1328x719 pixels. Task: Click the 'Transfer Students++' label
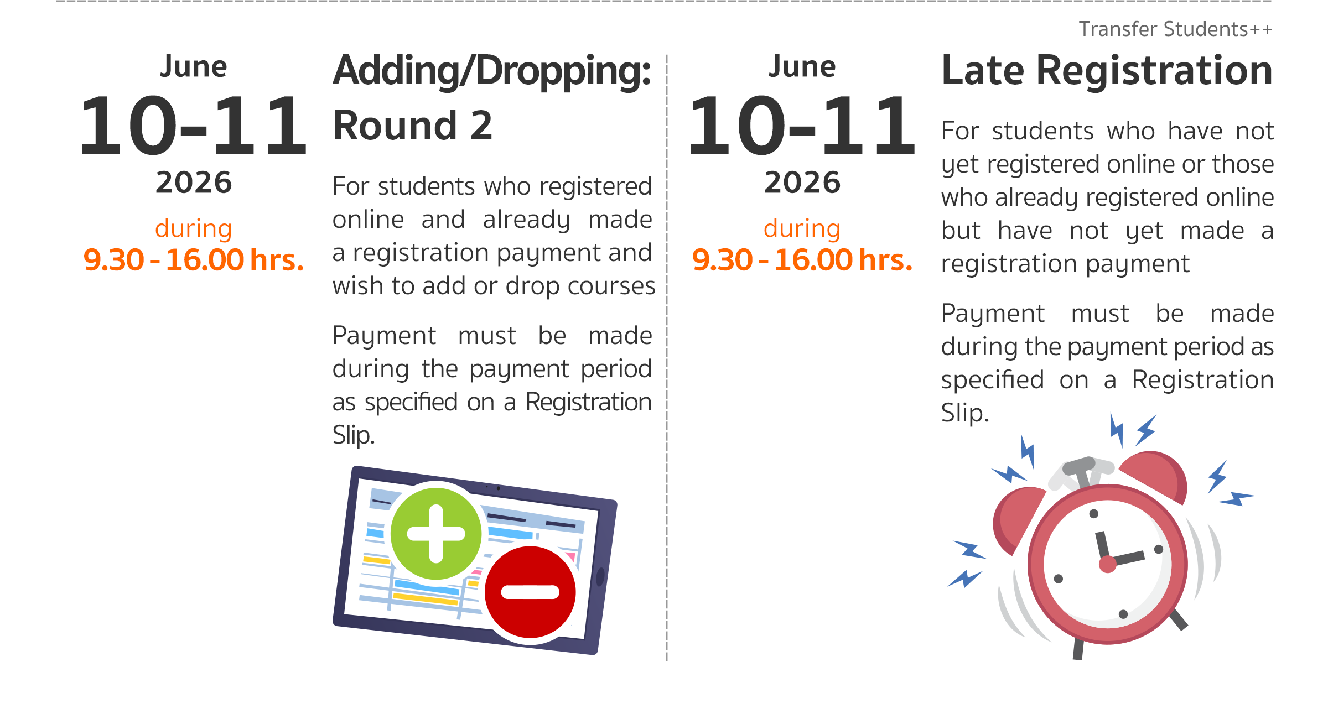(x=1176, y=29)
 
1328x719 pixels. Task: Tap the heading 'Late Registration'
(x=1107, y=70)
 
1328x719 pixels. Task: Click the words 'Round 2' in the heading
(x=412, y=125)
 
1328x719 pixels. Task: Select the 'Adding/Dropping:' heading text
(x=492, y=71)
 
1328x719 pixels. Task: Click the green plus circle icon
(x=436, y=533)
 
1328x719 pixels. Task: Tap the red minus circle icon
(x=530, y=592)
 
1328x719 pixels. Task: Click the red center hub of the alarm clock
(x=1107, y=564)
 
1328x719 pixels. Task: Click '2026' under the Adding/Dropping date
(x=194, y=183)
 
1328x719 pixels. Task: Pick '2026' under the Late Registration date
(x=802, y=183)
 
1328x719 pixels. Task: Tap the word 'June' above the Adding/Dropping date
(x=194, y=67)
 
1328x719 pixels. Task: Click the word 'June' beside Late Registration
(x=802, y=67)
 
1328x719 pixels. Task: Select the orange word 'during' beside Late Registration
(x=802, y=228)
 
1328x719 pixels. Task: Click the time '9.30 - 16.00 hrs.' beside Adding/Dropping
(x=194, y=260)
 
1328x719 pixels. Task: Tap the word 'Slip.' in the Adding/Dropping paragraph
(x=354, y=435)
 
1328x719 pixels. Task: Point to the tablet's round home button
(x=600, y=577)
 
